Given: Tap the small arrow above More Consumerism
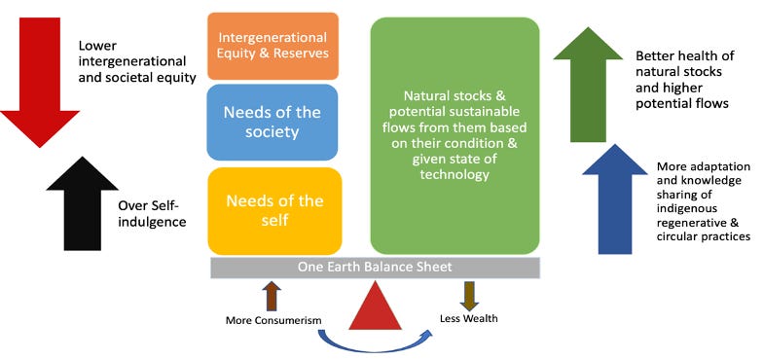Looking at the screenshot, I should click(272, 296).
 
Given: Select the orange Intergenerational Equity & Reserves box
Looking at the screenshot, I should click(273, 45).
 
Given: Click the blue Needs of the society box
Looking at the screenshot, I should click(273, 122).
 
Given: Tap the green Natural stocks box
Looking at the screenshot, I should click(454, 134).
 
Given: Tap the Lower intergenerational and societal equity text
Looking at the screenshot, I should click(137, 61).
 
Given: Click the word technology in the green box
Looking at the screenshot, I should click(455, 175).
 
